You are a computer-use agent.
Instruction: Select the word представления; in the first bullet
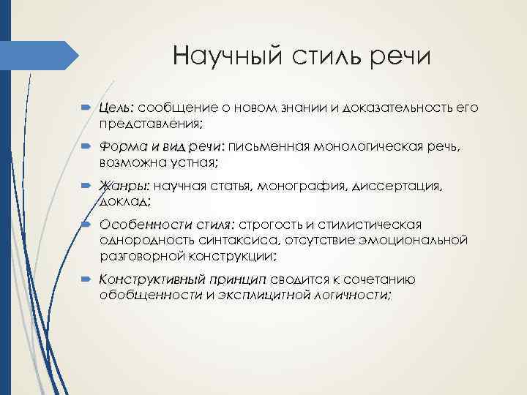(152, 123)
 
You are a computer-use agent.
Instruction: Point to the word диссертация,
(398, 187)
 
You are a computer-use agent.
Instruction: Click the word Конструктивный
(149, 279)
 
